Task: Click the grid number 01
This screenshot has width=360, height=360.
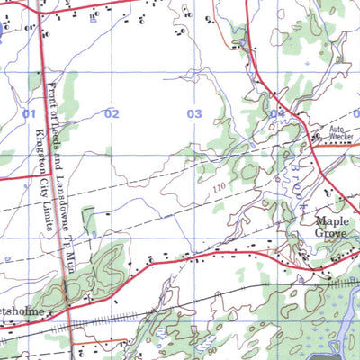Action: [29, 113]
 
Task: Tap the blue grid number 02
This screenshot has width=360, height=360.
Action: [112, 113]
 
